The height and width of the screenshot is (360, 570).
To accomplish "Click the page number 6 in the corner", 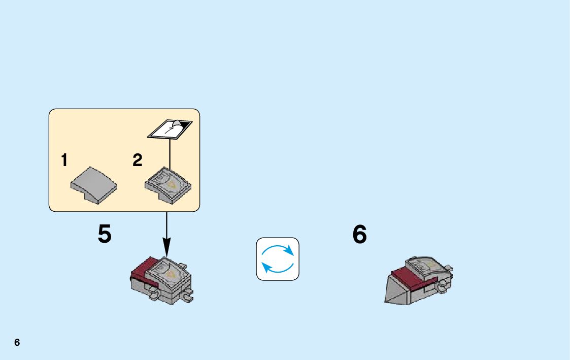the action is coord(17,343).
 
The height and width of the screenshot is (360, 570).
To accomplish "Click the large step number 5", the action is coord(105,235).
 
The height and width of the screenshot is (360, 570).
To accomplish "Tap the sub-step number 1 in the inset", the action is coord(64,161).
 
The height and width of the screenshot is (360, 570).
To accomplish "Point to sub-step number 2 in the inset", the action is coord(138,161).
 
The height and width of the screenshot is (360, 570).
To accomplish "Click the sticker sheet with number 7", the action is coord(166,130).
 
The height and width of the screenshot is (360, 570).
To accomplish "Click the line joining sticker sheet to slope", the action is coord(170,152).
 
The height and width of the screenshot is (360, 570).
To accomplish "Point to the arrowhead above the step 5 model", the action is coord(166,249).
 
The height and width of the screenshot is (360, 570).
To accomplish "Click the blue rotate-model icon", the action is coord(278,259).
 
